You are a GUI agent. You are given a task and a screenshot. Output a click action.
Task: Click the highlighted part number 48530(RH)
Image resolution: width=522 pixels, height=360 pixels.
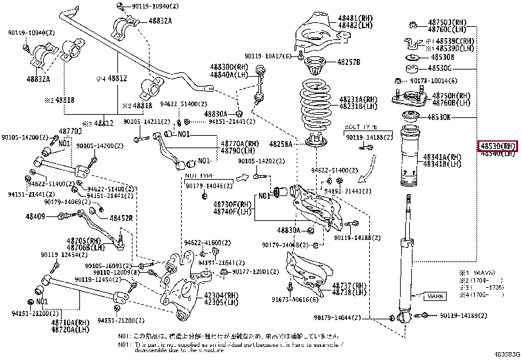tap(499, 146)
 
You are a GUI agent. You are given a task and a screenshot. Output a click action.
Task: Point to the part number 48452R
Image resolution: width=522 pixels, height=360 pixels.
tap(121, 218)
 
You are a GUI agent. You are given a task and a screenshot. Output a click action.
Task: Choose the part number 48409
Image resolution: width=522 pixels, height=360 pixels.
tap(35, 216)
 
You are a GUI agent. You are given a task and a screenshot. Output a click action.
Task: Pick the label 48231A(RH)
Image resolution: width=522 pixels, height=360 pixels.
tap(358, 99)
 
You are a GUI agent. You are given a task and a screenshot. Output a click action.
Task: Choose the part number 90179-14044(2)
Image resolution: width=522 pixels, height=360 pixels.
tap(356, 317)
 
